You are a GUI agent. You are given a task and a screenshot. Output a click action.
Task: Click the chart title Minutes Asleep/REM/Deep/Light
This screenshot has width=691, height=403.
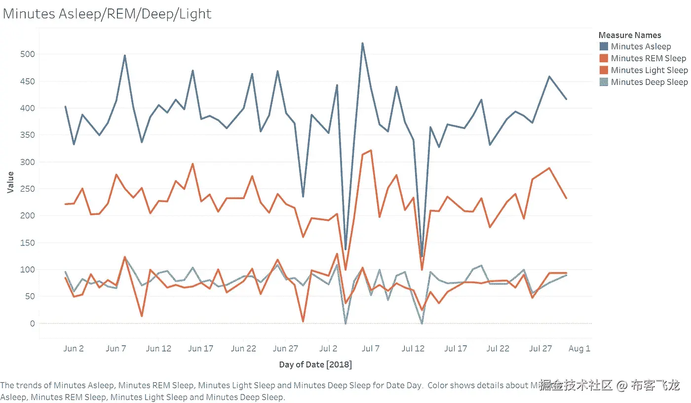tap(107, 14)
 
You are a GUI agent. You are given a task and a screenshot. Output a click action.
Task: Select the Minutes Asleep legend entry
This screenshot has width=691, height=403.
tap(641, 46)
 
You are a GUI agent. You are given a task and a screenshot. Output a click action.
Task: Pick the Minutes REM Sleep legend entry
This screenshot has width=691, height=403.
tap(648, 58)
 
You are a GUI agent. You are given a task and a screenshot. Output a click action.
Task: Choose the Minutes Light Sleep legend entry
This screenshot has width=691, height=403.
tap(649, 70)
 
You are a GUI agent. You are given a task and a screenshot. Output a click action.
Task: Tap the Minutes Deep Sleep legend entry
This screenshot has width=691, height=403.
tap(649, 82)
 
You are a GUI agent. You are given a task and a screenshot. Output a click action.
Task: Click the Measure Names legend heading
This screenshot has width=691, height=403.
tap(629, 35)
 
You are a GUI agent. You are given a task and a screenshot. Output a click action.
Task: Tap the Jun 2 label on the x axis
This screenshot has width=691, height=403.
tap(74, 349)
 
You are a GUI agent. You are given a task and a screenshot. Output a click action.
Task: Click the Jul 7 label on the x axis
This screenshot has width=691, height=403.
tap(371, 349)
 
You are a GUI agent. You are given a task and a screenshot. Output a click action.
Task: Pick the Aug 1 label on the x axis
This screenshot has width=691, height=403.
tap(579, 349)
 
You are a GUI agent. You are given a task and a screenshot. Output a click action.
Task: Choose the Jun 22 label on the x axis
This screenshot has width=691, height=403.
tap(244, 349)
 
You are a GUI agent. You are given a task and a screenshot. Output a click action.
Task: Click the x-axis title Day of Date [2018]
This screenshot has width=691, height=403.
tap(315, 364)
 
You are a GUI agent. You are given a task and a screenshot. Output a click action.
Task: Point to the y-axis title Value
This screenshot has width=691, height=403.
tap(10, 182)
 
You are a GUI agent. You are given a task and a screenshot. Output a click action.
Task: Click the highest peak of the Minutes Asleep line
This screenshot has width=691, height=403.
tap(362, 43)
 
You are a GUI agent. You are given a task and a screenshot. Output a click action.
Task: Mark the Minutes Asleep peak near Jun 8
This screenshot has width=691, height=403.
tap(124, 55)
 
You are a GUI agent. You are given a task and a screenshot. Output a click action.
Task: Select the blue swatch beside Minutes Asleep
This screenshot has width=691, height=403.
tap(604, 46)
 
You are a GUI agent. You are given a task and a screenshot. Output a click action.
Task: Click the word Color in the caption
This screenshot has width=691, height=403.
tap(436, 385)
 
